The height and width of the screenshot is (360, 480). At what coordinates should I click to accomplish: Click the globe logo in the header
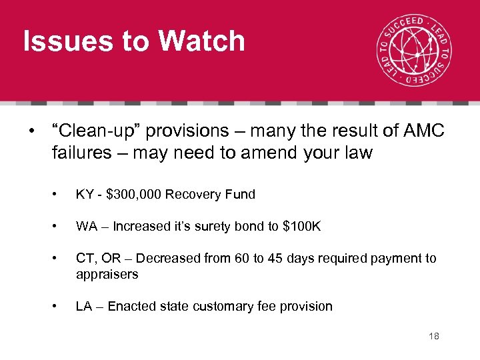(x=413, y=51)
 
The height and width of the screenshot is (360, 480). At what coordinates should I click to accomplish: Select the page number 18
(x=434, y=337)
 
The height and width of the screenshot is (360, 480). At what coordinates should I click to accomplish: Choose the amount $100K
(x=302, y=227)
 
